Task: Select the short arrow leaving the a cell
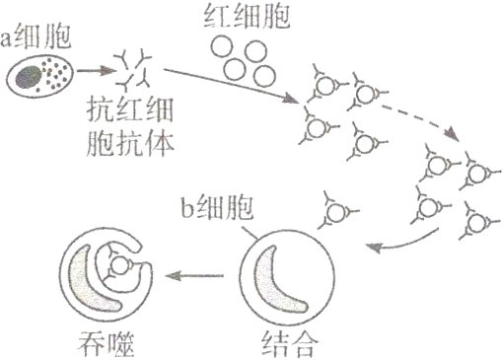click(x=93, y=71)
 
